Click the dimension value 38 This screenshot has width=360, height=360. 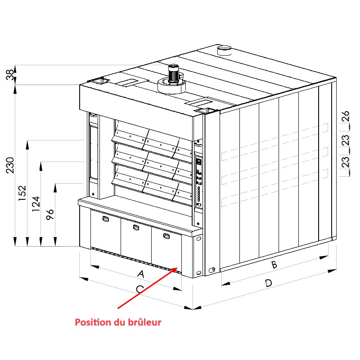coord(10,75)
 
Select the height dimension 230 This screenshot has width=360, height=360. coord(10,165)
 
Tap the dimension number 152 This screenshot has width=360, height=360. coord(22,193)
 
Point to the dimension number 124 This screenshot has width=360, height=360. coord(36,204)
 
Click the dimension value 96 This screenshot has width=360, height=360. coord(50,215)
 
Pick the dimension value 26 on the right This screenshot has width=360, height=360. coord(345,116)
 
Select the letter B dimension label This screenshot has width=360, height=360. coord(274,265)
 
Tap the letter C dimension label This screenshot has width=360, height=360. coord(140,289)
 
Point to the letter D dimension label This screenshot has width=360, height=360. coord(268,283)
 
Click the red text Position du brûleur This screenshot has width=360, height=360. coord(118,322)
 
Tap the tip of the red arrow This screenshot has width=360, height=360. coord(177,267)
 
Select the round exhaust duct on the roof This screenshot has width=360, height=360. coord(225,50)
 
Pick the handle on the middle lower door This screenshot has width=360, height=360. coord(136,227)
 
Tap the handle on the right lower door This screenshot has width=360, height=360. coord(166,236)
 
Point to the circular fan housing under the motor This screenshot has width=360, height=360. coord(171,86)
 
